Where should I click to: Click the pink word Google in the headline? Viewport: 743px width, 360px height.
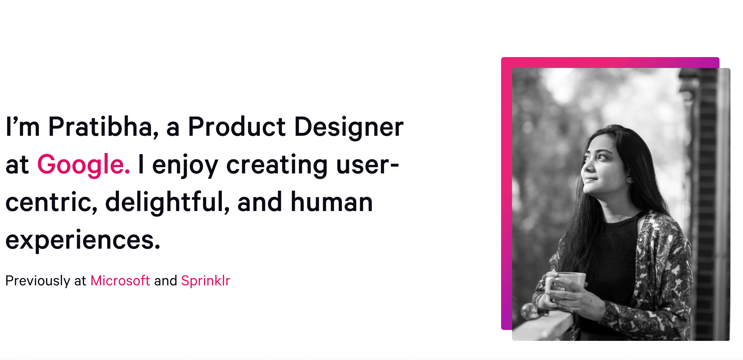tap(83, 165)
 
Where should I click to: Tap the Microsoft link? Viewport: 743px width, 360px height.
tap(120, 281)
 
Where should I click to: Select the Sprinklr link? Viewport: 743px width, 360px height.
tap(206, 281)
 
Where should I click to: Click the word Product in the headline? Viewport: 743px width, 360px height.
tap(237, 127)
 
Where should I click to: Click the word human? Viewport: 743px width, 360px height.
tap(332, 202)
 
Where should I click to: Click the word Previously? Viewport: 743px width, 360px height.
tap(38, 281)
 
